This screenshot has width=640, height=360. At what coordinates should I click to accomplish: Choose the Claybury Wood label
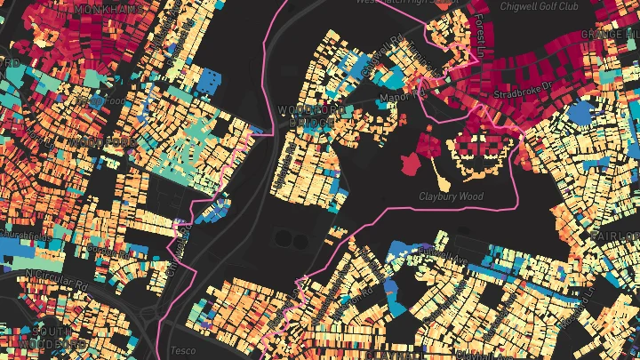[x=450, y=195]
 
